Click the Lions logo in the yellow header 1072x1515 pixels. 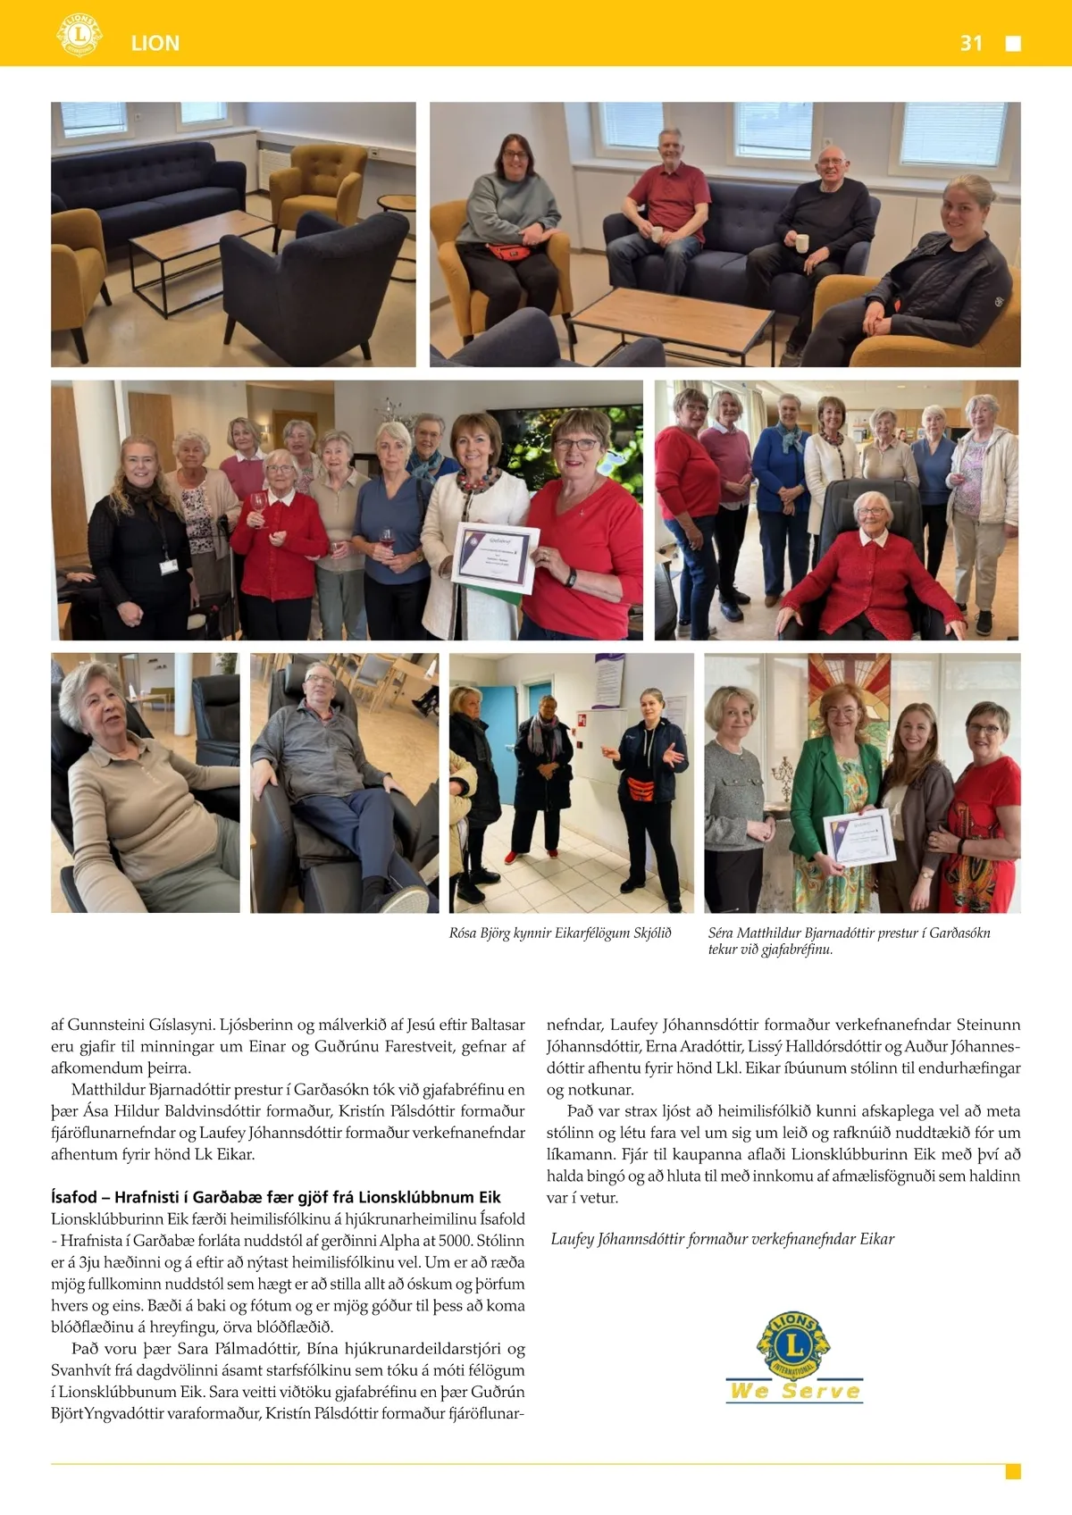pyautogui.click(x=79, y=35)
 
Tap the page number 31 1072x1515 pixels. pyautogui.click(x=971, y=44)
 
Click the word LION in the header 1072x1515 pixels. pyautogui.click(x=155, y=44)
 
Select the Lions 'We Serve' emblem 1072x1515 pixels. pyautogui.click(x=794, y=1358)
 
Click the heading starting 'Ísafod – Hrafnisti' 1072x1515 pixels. pyautogui.click(x=275, y=1197)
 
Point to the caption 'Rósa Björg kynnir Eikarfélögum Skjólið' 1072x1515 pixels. pyautogui.click(x=560, y=933)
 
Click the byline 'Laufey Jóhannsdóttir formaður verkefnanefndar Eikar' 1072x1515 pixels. pyautogui.click(x=722, y=1239)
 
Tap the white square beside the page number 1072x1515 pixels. pyautogui.click(x=1013, y=44)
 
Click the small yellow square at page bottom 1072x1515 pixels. pyautogui.click(x=1013, y=1471)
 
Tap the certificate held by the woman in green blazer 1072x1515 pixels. pyautogui.click(x=858, y=837)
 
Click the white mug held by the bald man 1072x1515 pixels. pyautogui.click(x=801, y=243)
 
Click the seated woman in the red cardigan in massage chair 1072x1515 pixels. pyautogui.click(x=869, y=572)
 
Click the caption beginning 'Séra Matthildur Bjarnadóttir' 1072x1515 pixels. pyautogui.click(x=849, y=941)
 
